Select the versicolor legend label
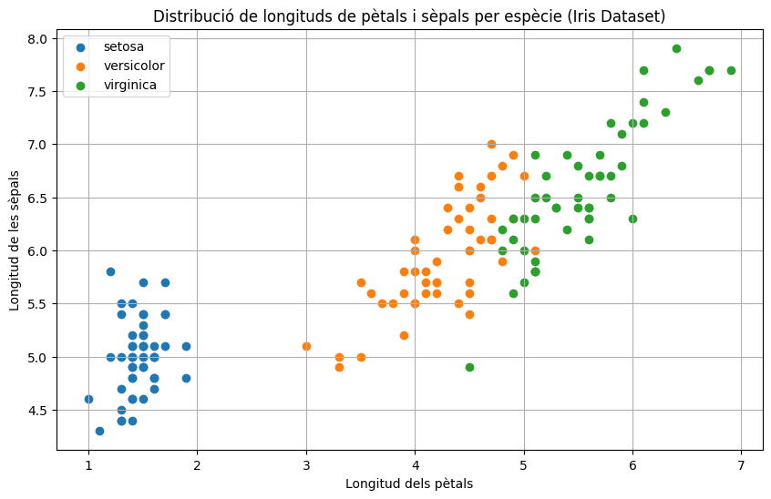134,66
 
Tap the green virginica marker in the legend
80,86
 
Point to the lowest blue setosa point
100,432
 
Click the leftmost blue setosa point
88,400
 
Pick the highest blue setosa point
110,271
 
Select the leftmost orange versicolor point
306,346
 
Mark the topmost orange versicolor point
491,145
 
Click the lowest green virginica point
469,367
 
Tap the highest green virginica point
676,48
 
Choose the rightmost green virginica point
731,70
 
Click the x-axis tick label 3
306,465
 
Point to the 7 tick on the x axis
742,465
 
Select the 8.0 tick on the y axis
38,39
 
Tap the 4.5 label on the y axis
38,410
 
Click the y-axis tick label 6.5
38,198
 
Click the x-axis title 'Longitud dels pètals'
409,484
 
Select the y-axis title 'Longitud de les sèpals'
15,240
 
